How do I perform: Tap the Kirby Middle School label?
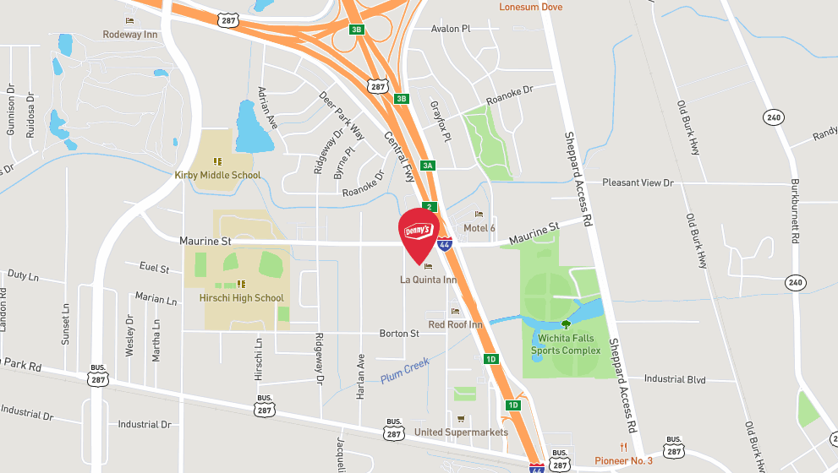tap(217, 175)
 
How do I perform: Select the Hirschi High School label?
tap(241, 297)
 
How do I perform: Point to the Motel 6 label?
tap(479, 228)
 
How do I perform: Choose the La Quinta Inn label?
tap(428, 280)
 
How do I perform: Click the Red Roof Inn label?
tap(455, 324)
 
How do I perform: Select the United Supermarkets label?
tap(461, 432)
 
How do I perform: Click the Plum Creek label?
tap(405, 371)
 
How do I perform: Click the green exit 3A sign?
tap(428, 166)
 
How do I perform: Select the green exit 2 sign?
tap(430, 207)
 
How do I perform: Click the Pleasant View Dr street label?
tap(638, 182)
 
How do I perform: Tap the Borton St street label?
tap(399, 334)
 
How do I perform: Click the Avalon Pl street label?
tap(450, 29)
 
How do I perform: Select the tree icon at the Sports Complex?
tap(566, 323)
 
